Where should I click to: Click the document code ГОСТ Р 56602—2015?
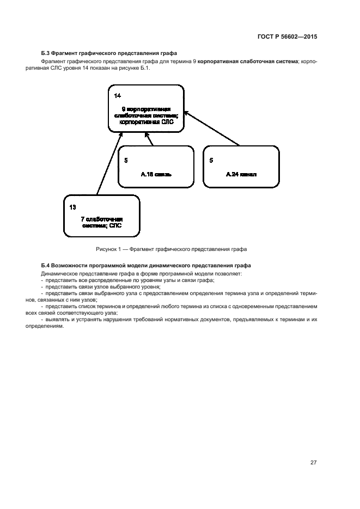[287, 37]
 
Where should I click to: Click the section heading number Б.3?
[46, 53]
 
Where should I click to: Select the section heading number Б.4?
[46, 266]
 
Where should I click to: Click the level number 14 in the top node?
[118, 95]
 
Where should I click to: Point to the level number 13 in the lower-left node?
[73, 207]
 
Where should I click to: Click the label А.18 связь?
[156, 175]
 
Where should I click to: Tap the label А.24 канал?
[241, 175]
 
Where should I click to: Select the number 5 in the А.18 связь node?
[126, 161]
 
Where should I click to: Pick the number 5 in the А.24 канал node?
[211, 161]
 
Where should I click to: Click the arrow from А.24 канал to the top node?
[212, 129]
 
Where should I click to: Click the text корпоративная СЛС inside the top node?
[145, 122]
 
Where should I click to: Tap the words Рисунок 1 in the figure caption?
[108, 249]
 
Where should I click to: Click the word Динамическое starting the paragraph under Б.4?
[58, 273]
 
